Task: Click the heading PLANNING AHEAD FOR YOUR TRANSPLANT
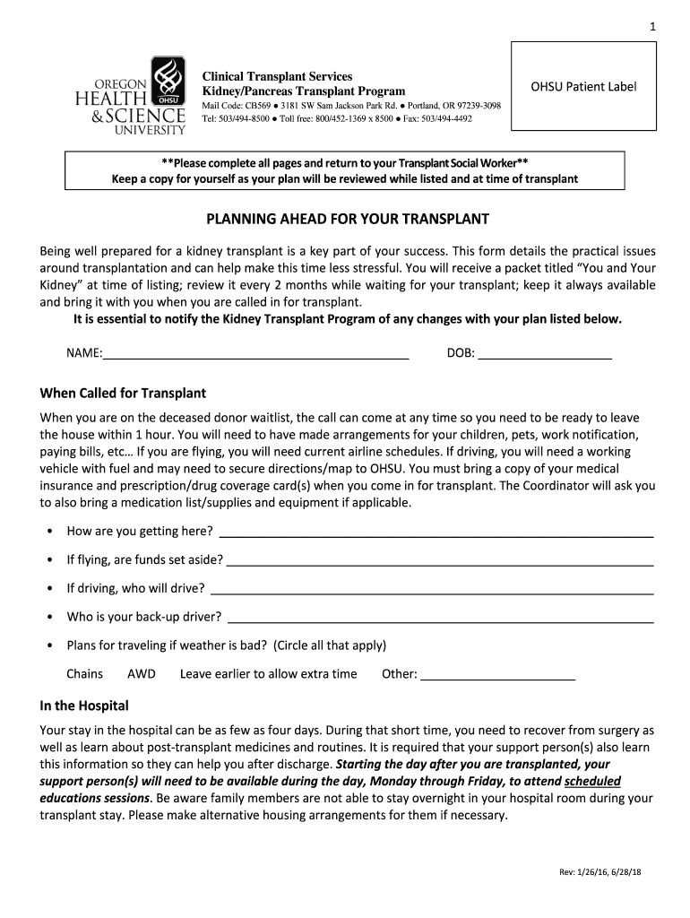click(x=349, y=219)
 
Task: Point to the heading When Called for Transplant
click(x=123, y=393)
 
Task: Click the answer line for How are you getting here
click(x=436, y=533)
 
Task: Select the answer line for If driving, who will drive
click(x=431, y=590)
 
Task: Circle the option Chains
click(x=84, y=674)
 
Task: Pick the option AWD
click(x=142, y=674)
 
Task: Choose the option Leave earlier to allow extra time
click(x=268, y=674)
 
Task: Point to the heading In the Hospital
click(x=84, y=706)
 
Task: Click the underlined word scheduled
click(x=592, y=781)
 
